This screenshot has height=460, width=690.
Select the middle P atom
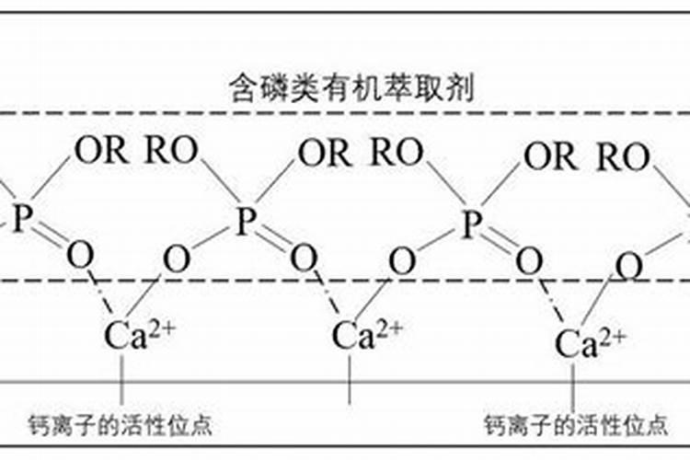[x=244, y=221]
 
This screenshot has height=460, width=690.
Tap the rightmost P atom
[x=471, y=223]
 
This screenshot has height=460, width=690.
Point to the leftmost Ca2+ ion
[x=139, y=335]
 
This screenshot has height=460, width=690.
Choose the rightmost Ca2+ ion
[x=590, y=342]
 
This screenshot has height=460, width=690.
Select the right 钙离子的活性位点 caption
[x=575, y=425]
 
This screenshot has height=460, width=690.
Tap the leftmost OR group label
[x=101, y=151]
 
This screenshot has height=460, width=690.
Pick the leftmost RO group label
[x=171, y=151]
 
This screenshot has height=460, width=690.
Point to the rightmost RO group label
[x=623, y=157]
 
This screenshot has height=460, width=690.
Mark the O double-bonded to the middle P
[x=304, y=259]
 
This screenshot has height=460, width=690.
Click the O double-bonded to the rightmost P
[x=528, y=260]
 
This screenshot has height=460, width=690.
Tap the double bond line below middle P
[x=273, y=241]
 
